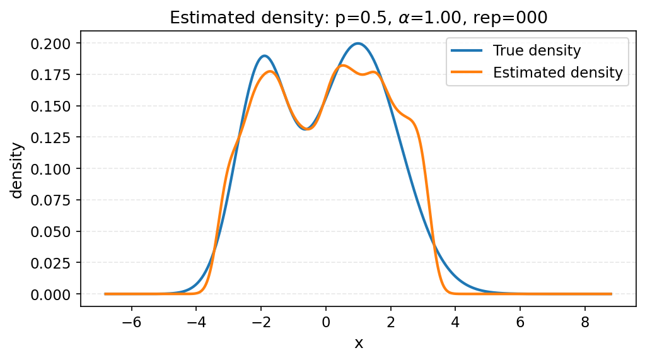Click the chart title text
pyautogui.click(x=359, y=18)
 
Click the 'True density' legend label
pyautogui.click(x=537, y=50)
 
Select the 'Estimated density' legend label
pyautogui.click(x=557, y=73)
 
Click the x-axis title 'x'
pyautogui.click(x=359, y=343)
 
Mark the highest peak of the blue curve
pyautogui.click(x=358, y=44)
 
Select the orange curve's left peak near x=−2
pyautogui.click(x=270, y=71)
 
